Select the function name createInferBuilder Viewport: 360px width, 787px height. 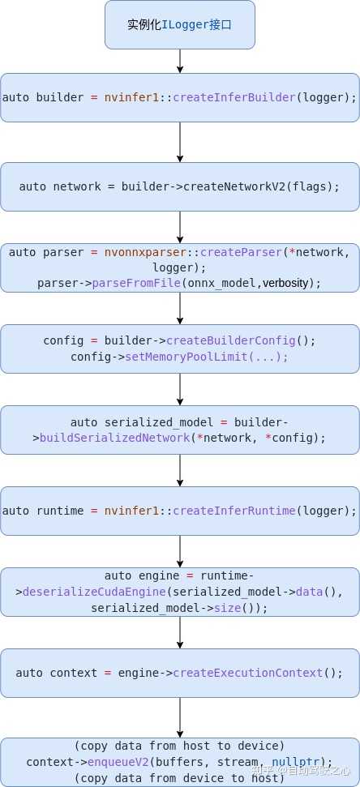pyautogui.click(x=234, y=97)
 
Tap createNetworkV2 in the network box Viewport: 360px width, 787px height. pyautogui.click(x=234, y=186)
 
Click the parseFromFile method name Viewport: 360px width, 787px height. pyautogui.click(x=135, y=283)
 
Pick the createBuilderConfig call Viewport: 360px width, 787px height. pyautogui.click(x=231, y=340)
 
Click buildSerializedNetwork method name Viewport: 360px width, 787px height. pyautogui.click(x=115, y=438)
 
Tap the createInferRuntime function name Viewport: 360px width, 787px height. pyautogui.click(x=234, y=511)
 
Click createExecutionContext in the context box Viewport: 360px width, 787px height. pyautogui.click(x=248, y=673)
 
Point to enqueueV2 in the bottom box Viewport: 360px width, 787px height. pyautogui.click(x=118, y=762)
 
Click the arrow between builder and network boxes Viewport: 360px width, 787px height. pyautogui.click(x=180, y=142)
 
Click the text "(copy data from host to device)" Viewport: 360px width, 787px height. pyautogui.click(x=180, y=746)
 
